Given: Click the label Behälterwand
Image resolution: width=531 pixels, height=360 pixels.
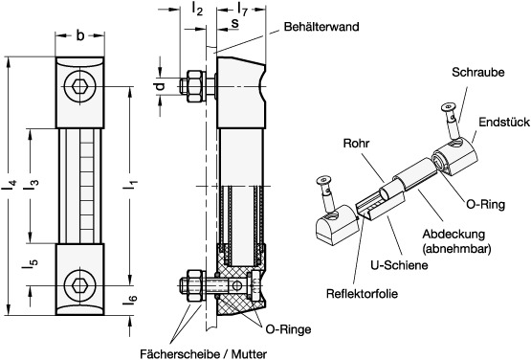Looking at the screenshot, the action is [x=321, y=27].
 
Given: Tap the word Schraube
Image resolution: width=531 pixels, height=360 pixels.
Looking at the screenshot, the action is [x=477, y=72].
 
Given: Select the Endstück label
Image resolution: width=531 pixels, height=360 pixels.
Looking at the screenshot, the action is [x=504, y=122].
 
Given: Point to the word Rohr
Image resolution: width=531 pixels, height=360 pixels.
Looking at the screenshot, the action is [x=356, y=143].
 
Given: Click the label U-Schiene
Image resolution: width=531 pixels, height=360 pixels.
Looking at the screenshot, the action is [x=399, y=265].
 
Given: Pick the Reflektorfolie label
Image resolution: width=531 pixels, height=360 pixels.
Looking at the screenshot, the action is [x=362, y=294].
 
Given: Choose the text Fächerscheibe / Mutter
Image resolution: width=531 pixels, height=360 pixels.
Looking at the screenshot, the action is [x=203, y=354].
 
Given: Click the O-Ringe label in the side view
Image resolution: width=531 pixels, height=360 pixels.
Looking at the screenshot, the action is [x=288, y=329].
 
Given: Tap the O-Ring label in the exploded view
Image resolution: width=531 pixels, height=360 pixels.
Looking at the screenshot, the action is [x=486, y=204].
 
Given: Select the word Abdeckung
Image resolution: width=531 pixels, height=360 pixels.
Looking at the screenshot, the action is [x=454, y=234].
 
